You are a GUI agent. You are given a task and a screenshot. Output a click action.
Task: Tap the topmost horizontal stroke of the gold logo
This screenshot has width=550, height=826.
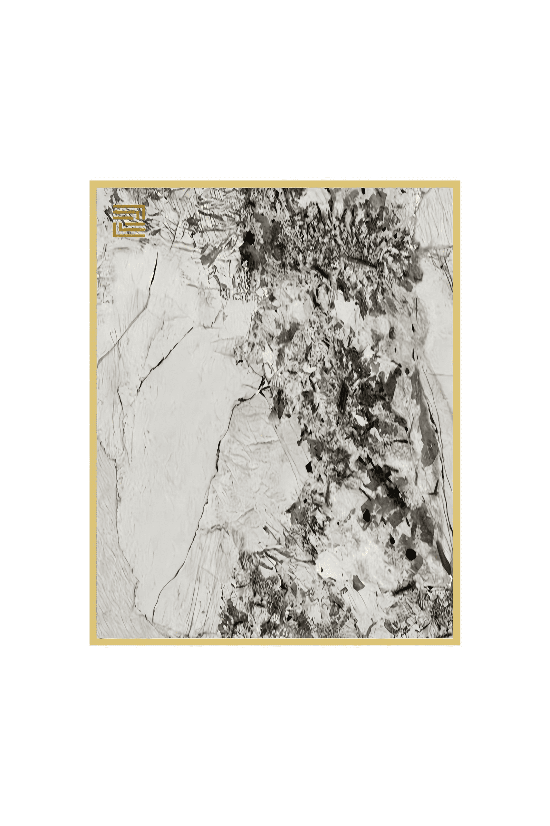[x=129, y=206]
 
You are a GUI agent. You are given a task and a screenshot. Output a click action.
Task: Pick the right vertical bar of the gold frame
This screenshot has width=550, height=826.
[x=456, y=413]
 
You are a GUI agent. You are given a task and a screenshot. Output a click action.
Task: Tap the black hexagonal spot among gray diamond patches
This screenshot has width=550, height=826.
[x=366, y=515]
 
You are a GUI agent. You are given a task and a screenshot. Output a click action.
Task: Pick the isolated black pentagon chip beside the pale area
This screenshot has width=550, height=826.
[x=309, y=467]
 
